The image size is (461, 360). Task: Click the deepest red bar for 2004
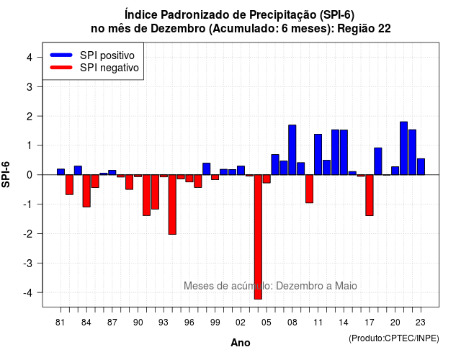point(258,237)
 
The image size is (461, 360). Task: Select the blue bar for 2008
point(292,150)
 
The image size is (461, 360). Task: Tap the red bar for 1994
point(172,204)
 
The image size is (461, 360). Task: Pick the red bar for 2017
point(370,195)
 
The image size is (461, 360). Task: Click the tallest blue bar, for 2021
point(403,148)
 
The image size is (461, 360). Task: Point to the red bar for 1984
point(86,191)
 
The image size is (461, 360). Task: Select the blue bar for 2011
point(318,155)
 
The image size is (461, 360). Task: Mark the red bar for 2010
point(309,189)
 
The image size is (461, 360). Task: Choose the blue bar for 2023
point(421,166)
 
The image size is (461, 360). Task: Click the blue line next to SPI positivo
point(61,55)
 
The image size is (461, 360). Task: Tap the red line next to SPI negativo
point(61,68)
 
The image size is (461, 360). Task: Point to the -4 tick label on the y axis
point(29,293)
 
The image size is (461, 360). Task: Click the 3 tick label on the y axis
point(30,86)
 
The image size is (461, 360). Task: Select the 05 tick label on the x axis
point(267,323)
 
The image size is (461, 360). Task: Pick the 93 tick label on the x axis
point(164,323)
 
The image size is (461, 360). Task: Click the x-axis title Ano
point(241,343)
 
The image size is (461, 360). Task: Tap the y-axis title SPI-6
point(6,174)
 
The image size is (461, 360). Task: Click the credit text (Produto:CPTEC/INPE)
point(394,338)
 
